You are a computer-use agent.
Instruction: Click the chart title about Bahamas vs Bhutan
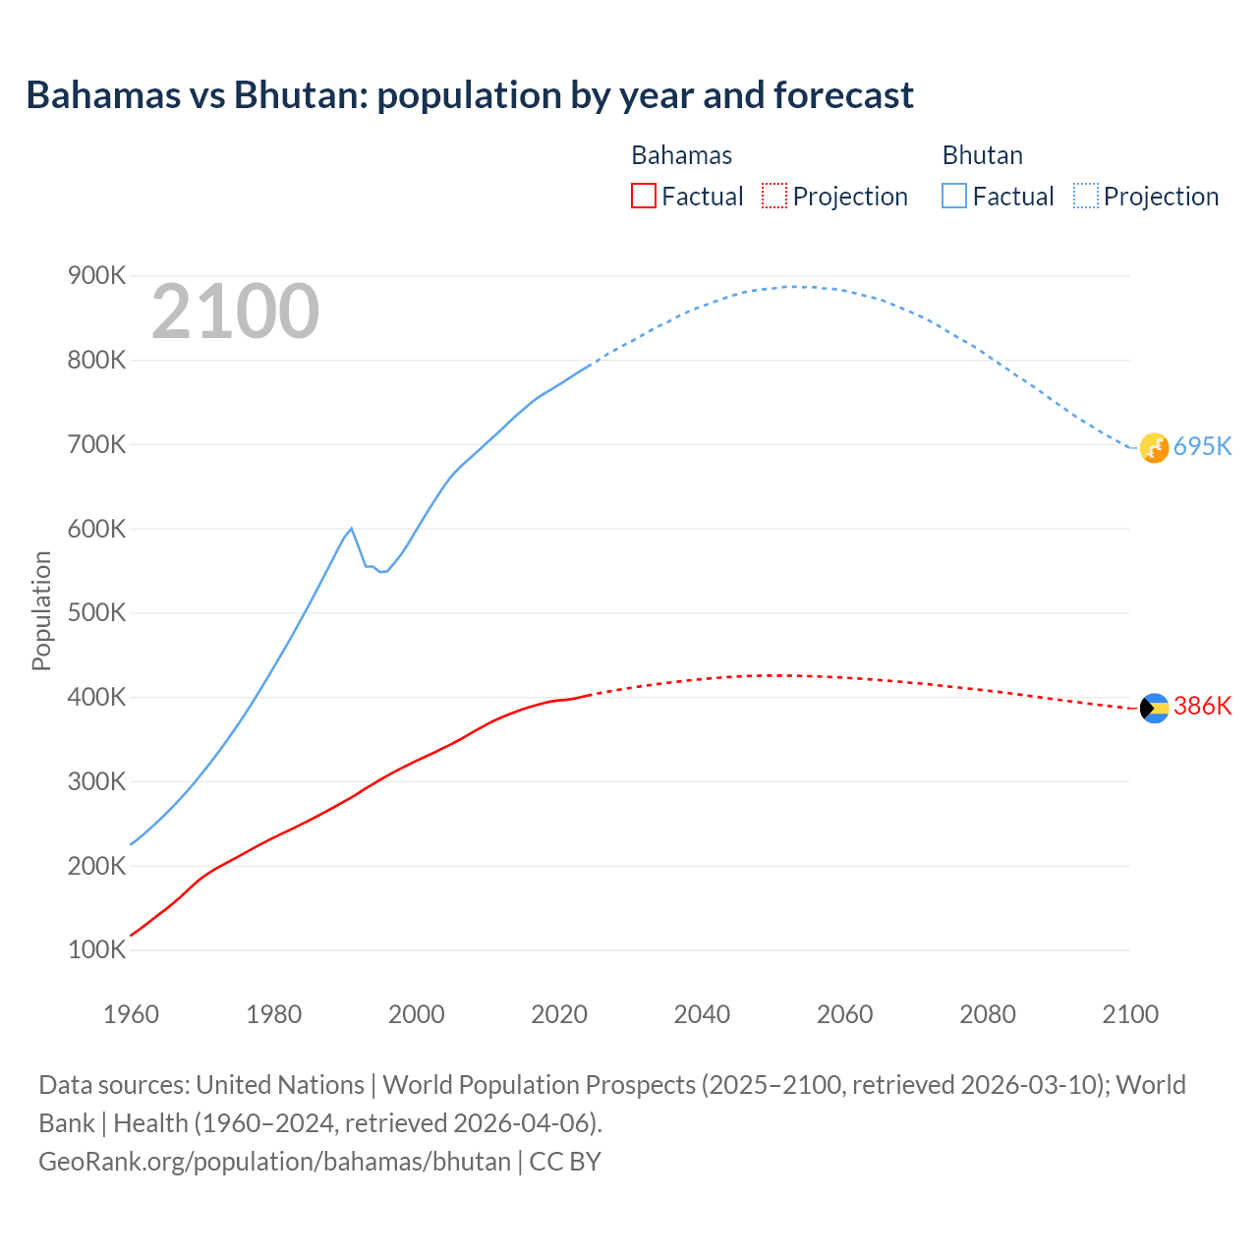pyautogui.click(x=470, y=95)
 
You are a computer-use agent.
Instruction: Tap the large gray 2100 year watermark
pyautogui.click(x=236, y=312)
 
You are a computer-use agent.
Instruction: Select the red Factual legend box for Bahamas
pyautogui.click(x=643, y=196)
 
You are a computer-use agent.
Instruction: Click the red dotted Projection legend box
pyautogui.click(x=774, y=196)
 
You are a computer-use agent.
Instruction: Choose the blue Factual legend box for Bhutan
pyautogui.click(x=954, y=196)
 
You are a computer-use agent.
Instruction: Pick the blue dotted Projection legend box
pyautogui.click(x=1086, y=196)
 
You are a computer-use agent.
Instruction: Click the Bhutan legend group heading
pyautogui.click(x=982, y=155)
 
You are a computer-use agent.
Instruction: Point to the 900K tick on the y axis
pyautogui.click(x=96, y=276)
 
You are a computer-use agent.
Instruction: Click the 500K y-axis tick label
pyautogui.click(x=96, y=613)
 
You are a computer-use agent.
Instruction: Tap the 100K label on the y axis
pyautogui.click(x=96, y=950)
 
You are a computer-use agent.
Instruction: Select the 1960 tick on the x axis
pyautogui.click(x=131, y=1014)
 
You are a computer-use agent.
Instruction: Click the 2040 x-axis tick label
pyautogui.click(x=702, y=1014)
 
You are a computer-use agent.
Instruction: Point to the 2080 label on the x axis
pyautogui.click(x=987, y=1014)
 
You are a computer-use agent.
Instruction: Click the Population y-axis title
pyautogui.click(x=41, y=610)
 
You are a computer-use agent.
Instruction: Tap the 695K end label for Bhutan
pyautogui.click(x=1202, y=446)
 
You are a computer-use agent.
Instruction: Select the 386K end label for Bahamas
pyautogui.click(x=1202, y=707)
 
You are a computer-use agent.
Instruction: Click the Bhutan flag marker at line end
pyautogui.click(x=1154, y=448)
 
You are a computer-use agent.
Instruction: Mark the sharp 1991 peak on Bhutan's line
pyautogui.click(x=351, y=529)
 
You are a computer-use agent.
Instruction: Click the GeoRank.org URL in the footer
pyautogui.click(x=274, y=1162)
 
